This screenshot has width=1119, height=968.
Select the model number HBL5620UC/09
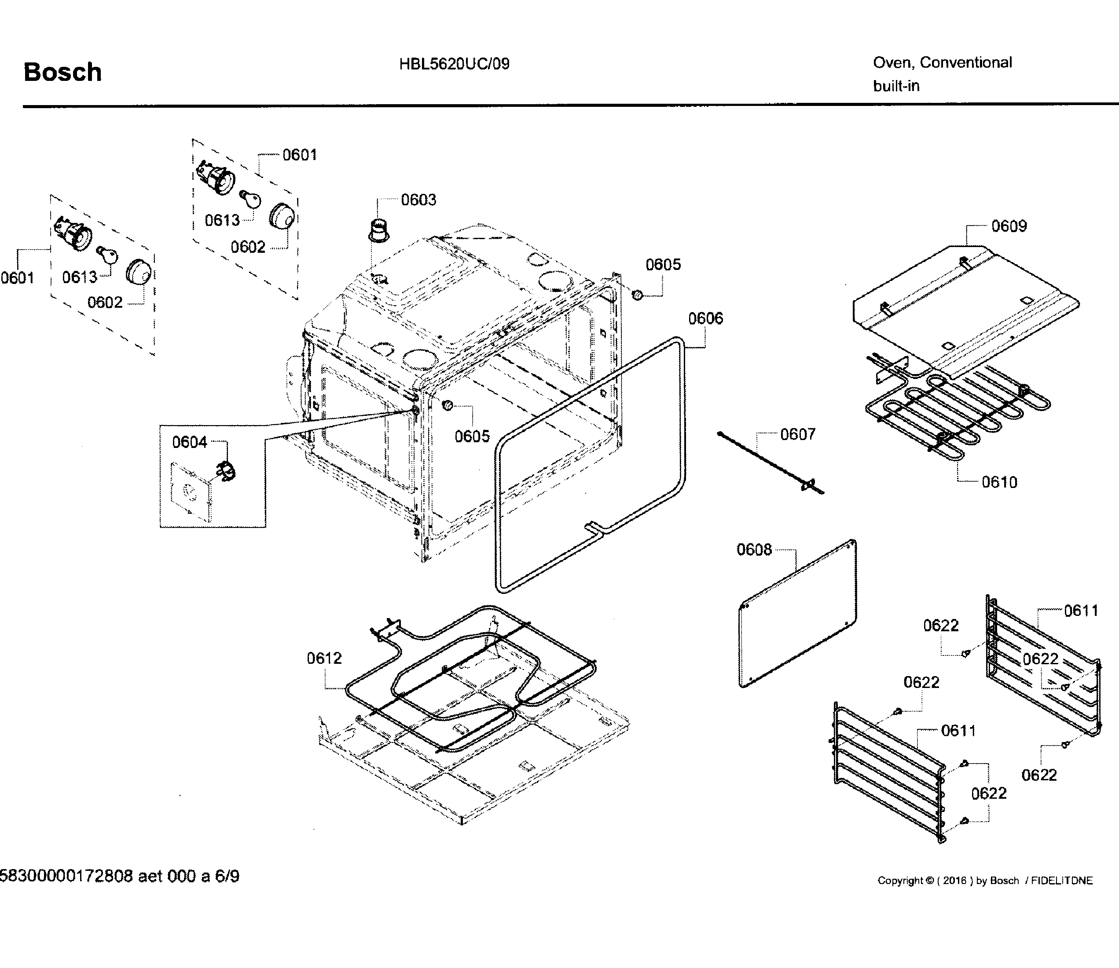pos(454,64)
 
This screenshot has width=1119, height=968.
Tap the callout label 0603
pos(418,200)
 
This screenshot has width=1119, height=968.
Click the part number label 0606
pos(705,319)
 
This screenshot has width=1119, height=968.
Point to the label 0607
pos(797,434)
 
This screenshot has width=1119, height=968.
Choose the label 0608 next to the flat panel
pos(754,550)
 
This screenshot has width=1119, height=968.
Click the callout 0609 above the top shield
pos(1009,226)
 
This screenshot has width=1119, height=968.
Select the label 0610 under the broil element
pos(999,482)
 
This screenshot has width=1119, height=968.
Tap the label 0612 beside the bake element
pos(324,658)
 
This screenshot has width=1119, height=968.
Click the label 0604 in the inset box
pos(189,442)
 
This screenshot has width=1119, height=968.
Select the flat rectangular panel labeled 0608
pos(798,613)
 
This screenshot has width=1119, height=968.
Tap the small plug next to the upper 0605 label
pos(638,295)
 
